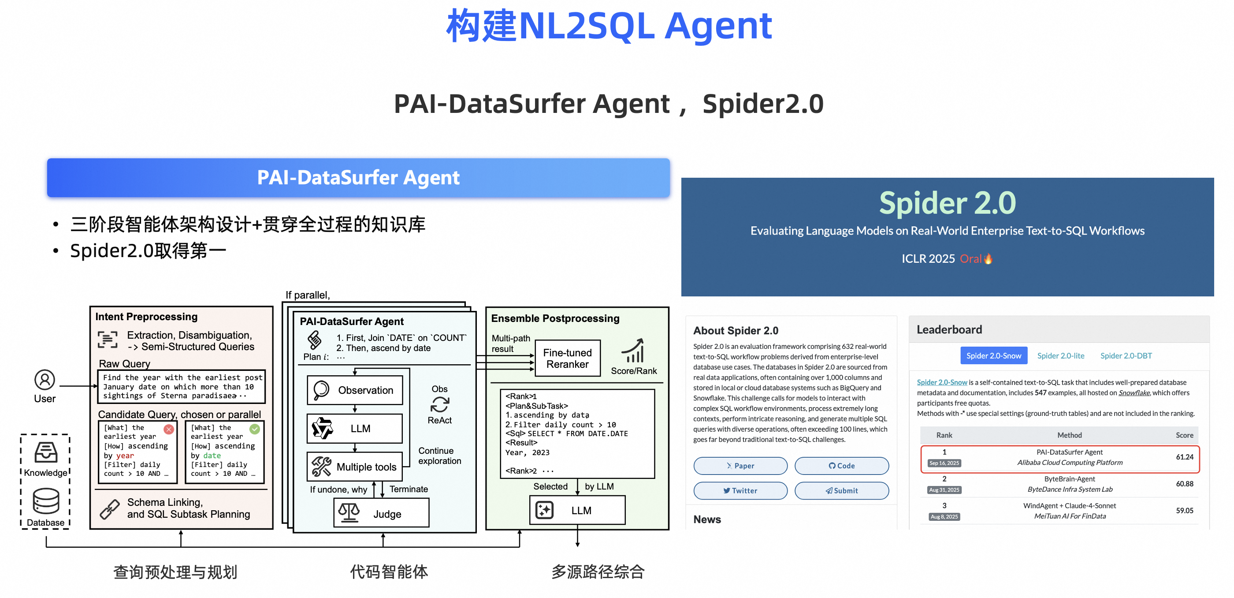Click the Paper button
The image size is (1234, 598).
(740, 465)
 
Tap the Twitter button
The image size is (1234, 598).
(740, 490)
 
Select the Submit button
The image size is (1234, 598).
(841, 490)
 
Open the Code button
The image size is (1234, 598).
(841, 465)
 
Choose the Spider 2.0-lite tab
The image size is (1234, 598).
(1061, 355)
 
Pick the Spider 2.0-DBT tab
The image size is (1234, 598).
(1126, 355)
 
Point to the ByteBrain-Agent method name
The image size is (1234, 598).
(1069, 478)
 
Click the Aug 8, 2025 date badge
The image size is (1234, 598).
(944, 516)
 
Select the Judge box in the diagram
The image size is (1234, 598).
(381, 513)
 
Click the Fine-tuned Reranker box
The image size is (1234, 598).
(567, 358)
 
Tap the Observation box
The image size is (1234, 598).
(354, 390)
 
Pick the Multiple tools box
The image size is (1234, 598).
(354, 466)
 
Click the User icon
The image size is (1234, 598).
(45, 380)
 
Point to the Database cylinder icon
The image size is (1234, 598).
(46, 501)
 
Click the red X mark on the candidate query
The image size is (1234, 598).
(169, 430)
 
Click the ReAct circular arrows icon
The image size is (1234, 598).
(439, 404)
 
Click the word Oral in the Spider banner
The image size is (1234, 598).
(970, 259)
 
